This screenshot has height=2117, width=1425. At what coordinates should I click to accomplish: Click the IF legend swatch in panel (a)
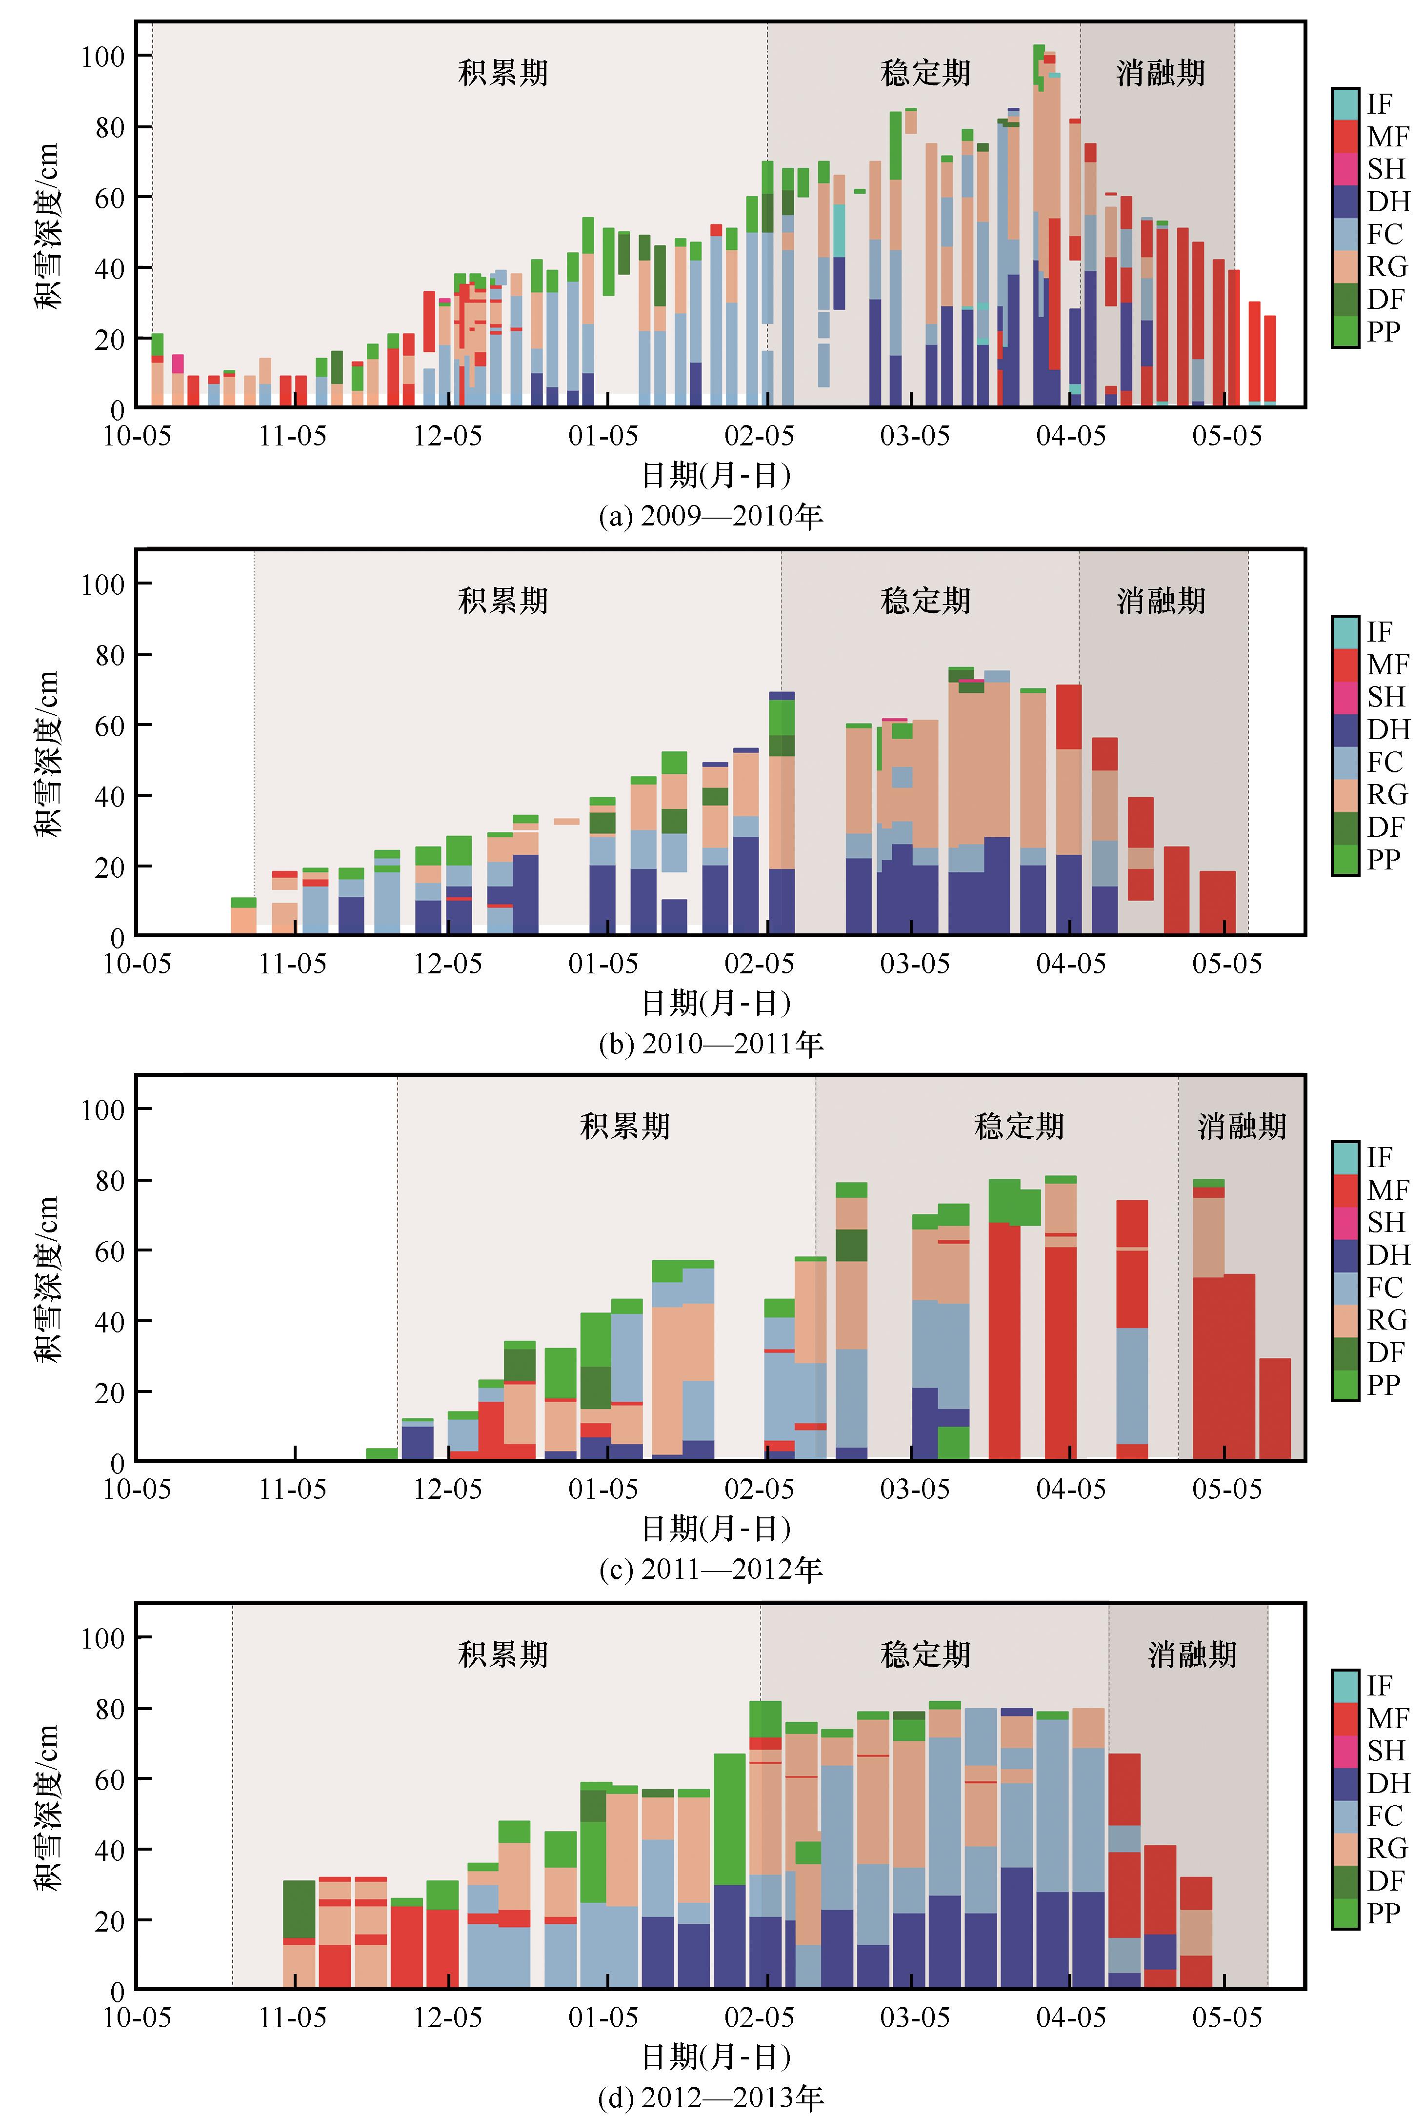point(1345,103)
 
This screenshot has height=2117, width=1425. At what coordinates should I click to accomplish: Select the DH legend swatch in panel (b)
point(1345,729)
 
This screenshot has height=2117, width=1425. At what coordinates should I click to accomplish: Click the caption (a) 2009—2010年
point(711,516)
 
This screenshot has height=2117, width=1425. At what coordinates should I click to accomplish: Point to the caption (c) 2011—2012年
point(711,1569)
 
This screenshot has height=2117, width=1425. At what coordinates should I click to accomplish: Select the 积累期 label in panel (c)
point(625,1126)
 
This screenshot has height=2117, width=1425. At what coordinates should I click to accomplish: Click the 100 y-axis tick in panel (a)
point(103,57)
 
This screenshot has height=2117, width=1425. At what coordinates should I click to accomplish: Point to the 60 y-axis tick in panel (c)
point(109,1251)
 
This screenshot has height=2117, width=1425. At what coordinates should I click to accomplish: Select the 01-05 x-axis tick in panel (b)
point(603,964)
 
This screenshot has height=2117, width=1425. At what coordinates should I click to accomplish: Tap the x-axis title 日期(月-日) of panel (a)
point(716,475)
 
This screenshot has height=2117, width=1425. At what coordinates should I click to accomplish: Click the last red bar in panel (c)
point(1275,1409)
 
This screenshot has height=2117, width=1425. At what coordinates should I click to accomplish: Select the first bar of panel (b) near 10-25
point(243,916)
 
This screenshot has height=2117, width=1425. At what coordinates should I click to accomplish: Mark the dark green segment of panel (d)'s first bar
point(299,1909)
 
